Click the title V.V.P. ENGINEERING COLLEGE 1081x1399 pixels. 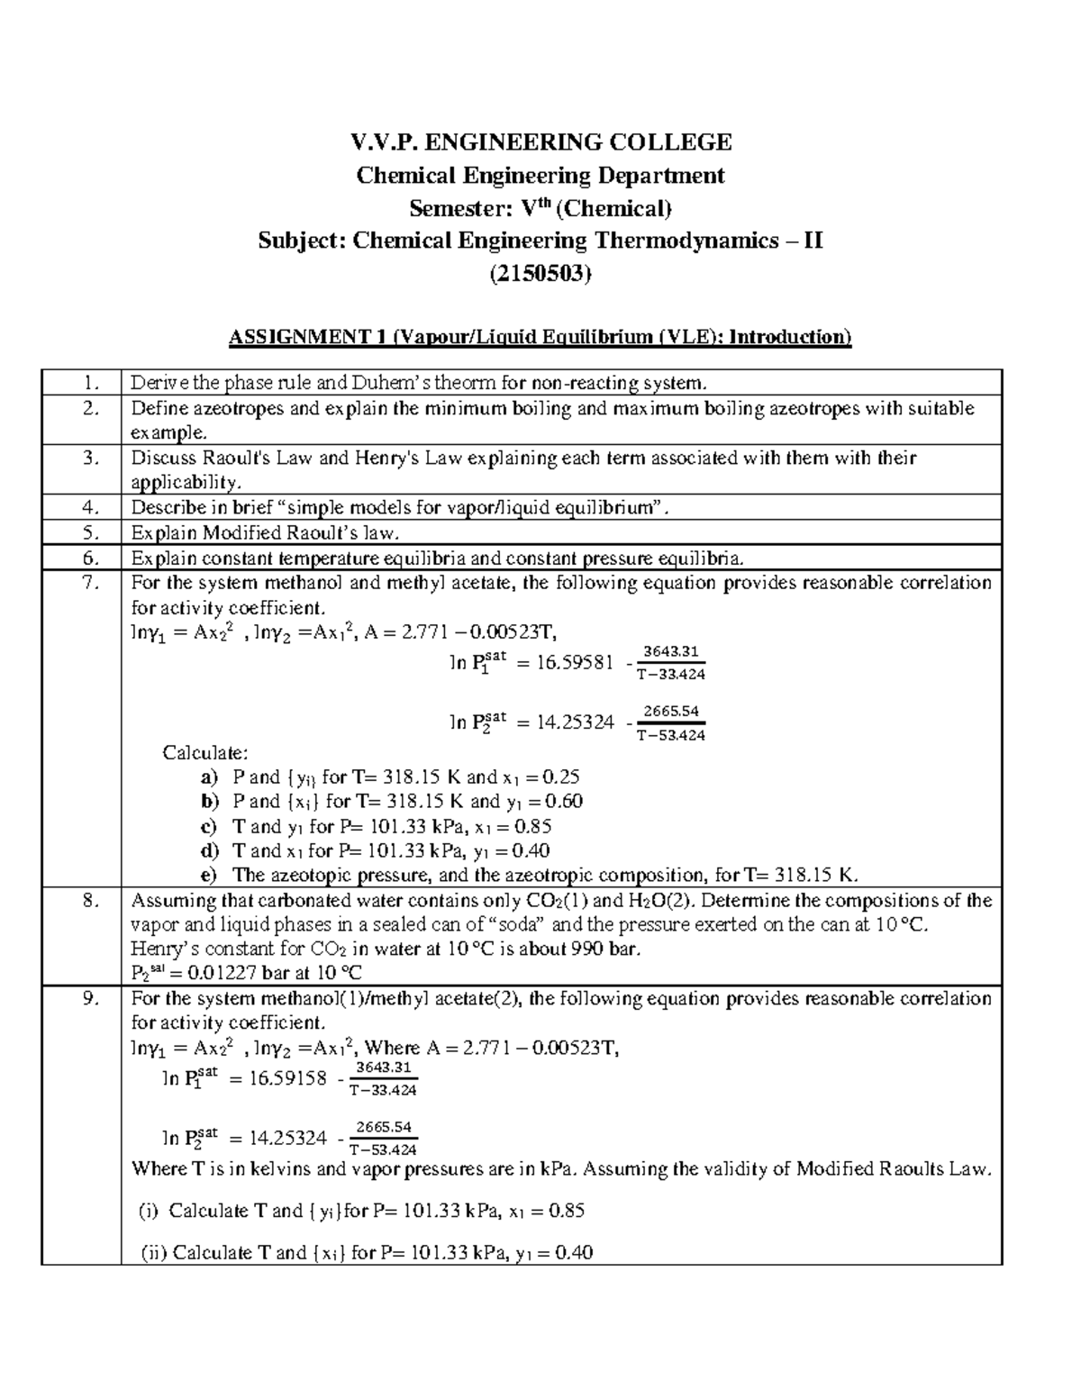coord(540,142)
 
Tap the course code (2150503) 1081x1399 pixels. coord(540,275)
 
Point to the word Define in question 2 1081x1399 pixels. coord(156,408)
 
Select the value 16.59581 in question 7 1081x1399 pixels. coord(562,664)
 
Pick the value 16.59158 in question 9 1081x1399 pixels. coord(277,1079)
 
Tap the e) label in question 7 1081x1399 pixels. coord(209,875)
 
